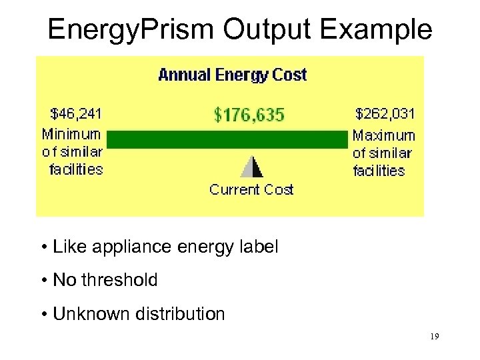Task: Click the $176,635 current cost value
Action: point(249,115)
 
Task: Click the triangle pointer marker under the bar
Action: point(251,167)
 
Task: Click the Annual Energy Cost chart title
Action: point(232,75)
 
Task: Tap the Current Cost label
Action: point(251,190)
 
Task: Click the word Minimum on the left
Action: point(72,134)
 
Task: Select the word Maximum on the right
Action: point(383,135)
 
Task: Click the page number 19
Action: point(434,337)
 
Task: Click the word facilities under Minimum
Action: point(76,169)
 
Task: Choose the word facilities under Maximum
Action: point(379,171)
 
